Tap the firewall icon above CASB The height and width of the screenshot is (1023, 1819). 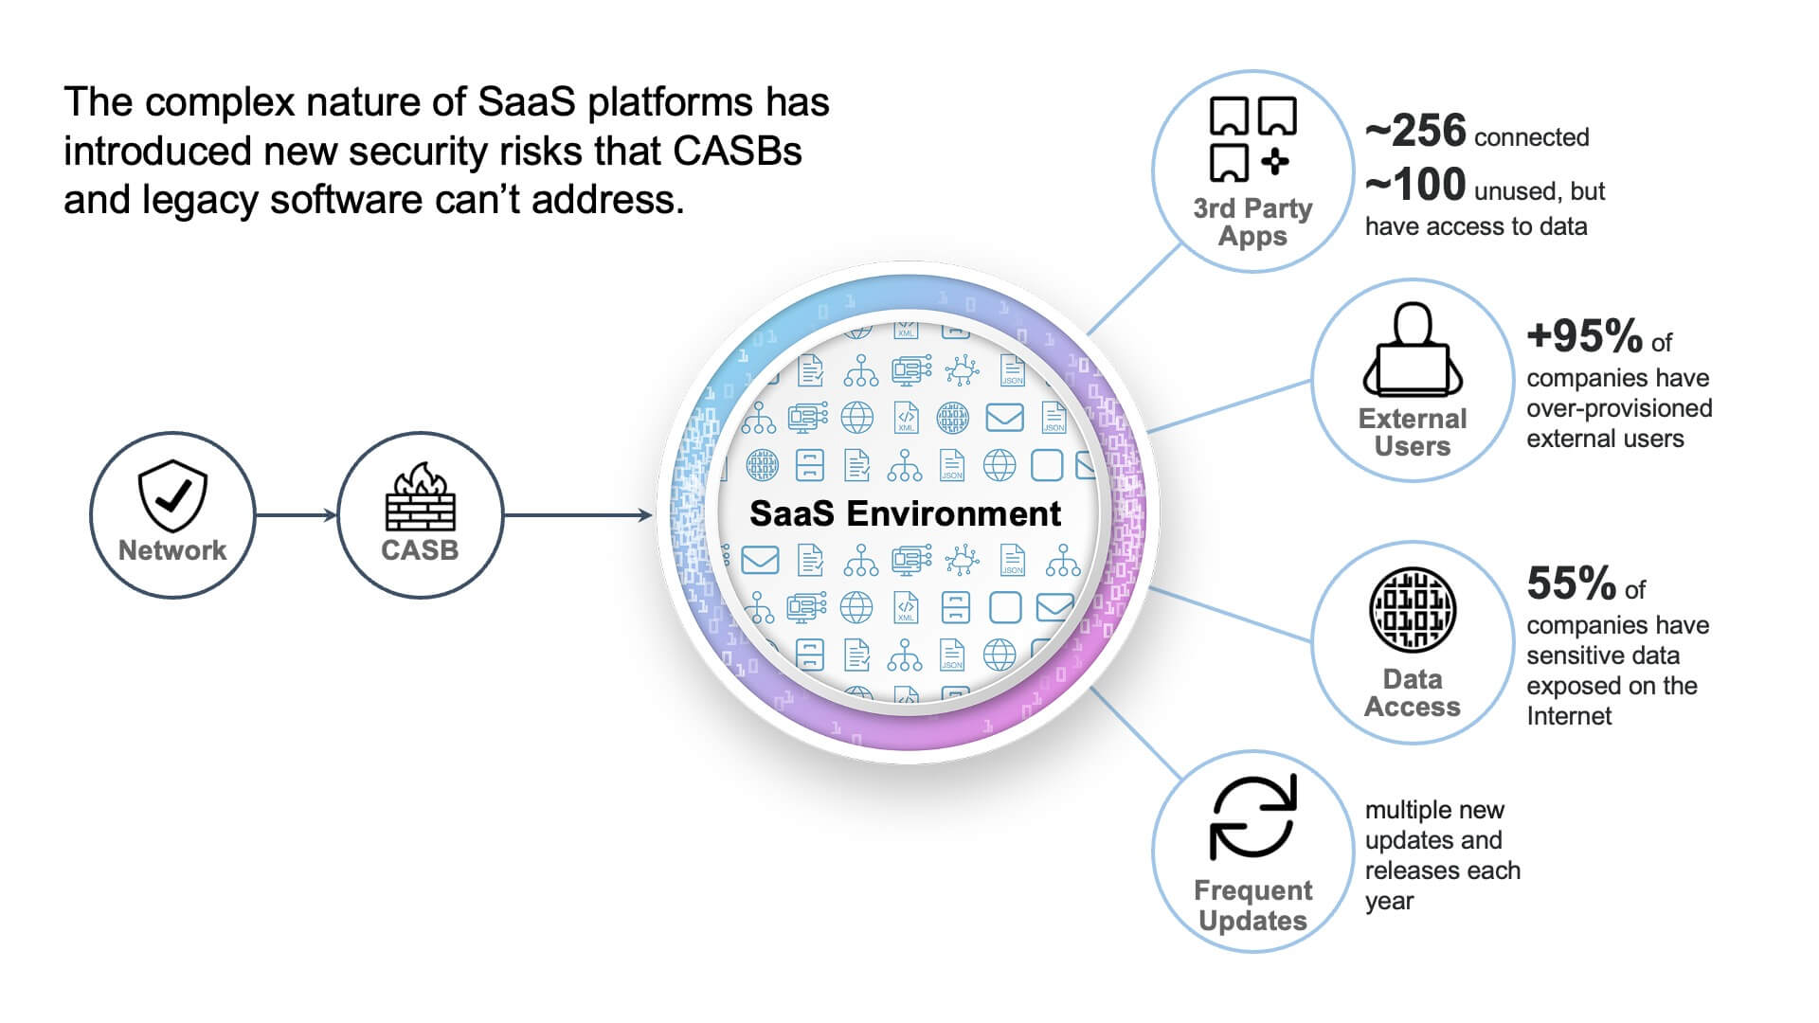(420, 496)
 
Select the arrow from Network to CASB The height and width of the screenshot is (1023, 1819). (296, 515)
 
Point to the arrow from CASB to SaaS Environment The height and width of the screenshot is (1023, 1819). (578, 515)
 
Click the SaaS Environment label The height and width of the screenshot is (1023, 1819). (905, 513)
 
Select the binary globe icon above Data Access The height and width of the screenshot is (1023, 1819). (1413, 610)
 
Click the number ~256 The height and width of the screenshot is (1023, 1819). (1415, 131)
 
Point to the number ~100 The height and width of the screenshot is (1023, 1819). (1415, 185)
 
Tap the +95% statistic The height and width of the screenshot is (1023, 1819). (1584, 335)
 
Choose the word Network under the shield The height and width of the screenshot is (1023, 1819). (172, 550)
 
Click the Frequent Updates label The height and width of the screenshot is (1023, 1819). (1252, 906)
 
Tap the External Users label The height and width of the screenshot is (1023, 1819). (1413, 432)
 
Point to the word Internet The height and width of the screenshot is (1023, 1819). (1569, 716)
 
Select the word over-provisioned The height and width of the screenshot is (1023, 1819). (1619, 408)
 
